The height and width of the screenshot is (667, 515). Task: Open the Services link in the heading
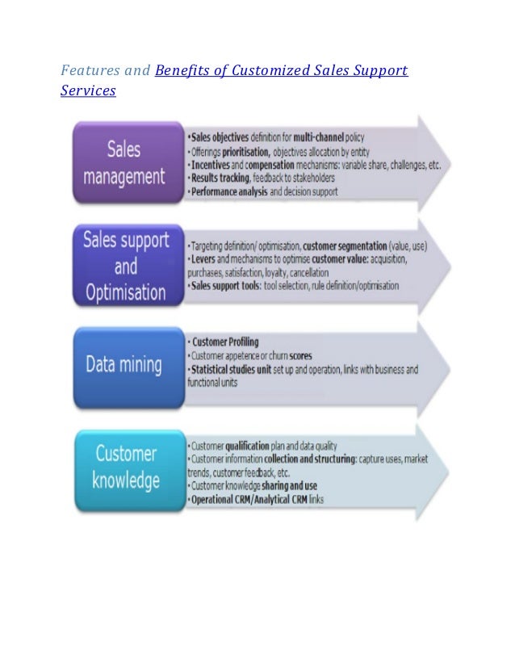(x=88, y=91)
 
